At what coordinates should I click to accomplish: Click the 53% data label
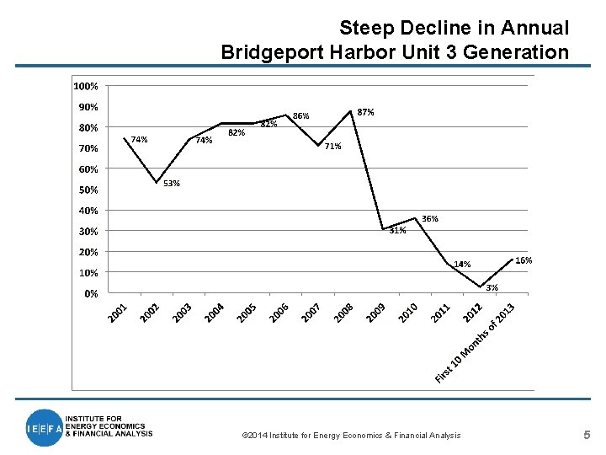pyautogui.click(x=171, y=183)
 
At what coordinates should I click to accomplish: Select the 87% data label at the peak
pyautogui.click(x=366, y=112)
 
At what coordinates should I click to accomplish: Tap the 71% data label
pyautogui.click(x=332, y=146)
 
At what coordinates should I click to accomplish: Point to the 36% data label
pyautogui.click(x=429, y=218)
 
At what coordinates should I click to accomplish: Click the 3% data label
pyautogui.click(x=492, y=287)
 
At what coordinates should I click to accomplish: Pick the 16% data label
pyautogui.click(x=524, y=260)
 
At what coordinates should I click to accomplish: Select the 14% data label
pyautogui.click(x=462, y=264)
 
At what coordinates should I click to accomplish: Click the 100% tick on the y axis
pyautogui.click(x=85, y=86)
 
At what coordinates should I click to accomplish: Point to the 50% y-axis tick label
pyautogui.click(x=88, y=190)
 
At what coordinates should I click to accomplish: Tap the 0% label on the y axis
pyautogui.click(x=90, y=293)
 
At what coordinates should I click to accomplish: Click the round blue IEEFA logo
pyautogui.click(x=44, y=427)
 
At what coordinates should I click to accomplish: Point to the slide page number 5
pyautogui.click(x=587, y=435)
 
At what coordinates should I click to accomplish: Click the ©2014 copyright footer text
pyautogui.click(x=351, y=435)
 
